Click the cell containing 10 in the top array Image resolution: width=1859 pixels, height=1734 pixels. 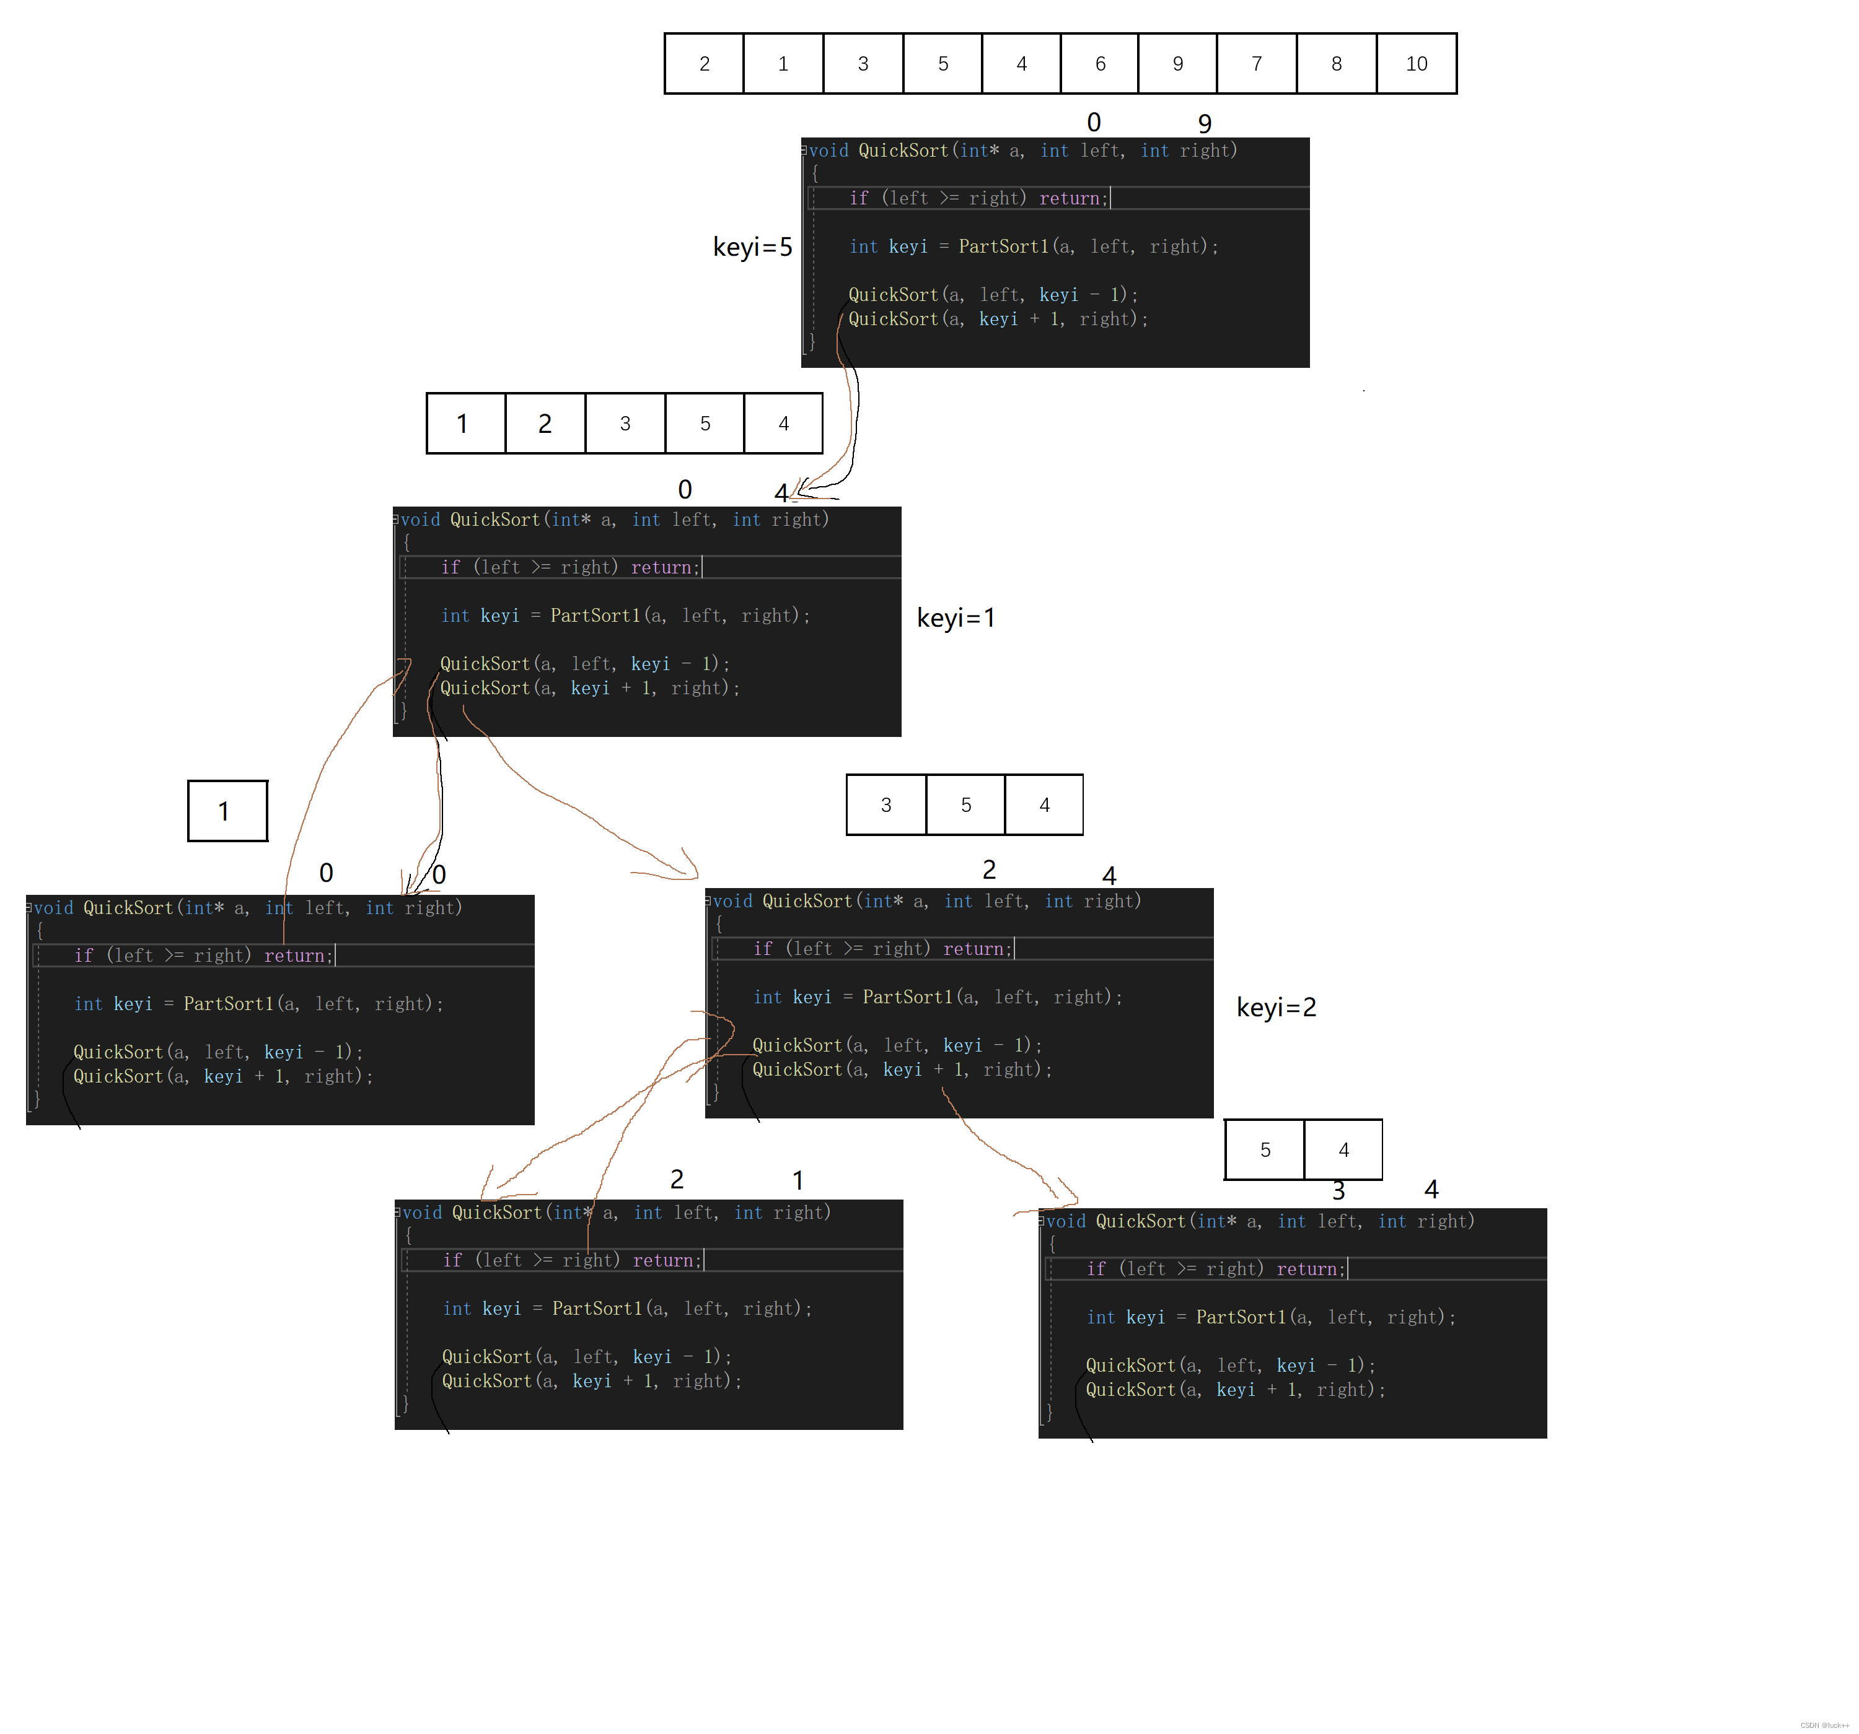click(x=1416, y=64)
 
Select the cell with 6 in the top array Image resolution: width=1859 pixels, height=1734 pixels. click(x=1100, y=64)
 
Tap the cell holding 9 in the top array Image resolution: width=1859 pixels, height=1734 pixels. click(x=1177, y=64)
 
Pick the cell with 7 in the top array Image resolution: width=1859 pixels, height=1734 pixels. click(x=1256, y=64)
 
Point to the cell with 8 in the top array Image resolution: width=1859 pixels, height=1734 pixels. click(x=1336, y=64)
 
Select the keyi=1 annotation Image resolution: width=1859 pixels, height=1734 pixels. click(x=955, y=618)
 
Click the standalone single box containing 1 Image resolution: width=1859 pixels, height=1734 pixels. click(x=227, y=811)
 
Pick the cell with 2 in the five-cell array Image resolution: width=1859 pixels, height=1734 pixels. click(x=545, y=424)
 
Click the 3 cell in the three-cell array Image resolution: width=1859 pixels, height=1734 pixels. click(x=886, y=805)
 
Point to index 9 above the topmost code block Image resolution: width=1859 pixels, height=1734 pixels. click(x=1205, y=123)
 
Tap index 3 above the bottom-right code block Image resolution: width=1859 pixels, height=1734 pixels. click(x=1338, y=1191)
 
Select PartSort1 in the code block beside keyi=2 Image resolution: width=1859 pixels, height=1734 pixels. click(x=907, y=998)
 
